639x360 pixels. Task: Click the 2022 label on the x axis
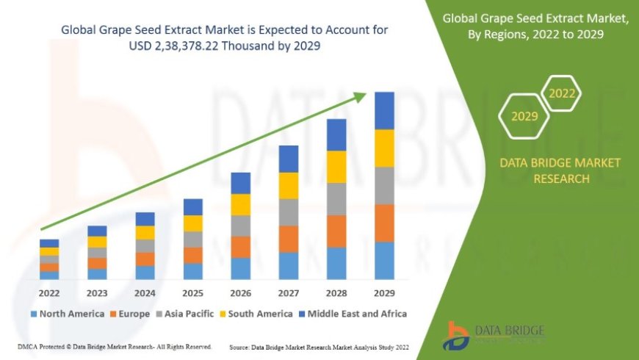click(x=49, y=292)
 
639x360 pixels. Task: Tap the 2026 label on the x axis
click(x=241, y=292)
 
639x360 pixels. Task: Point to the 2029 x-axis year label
click(x=384, y=292)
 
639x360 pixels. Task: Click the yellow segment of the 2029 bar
click(x=384, y=148)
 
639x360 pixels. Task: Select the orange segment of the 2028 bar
click(x=336, y=231)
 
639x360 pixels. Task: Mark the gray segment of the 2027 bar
click(x=289, y=212)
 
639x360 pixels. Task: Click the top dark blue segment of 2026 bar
click(x=241, y=183)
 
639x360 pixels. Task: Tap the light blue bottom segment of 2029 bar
click(x=384, y=260)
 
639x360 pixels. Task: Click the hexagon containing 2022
click(x=562, y=93)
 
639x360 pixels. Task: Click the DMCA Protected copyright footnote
click(x=114, y=346)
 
